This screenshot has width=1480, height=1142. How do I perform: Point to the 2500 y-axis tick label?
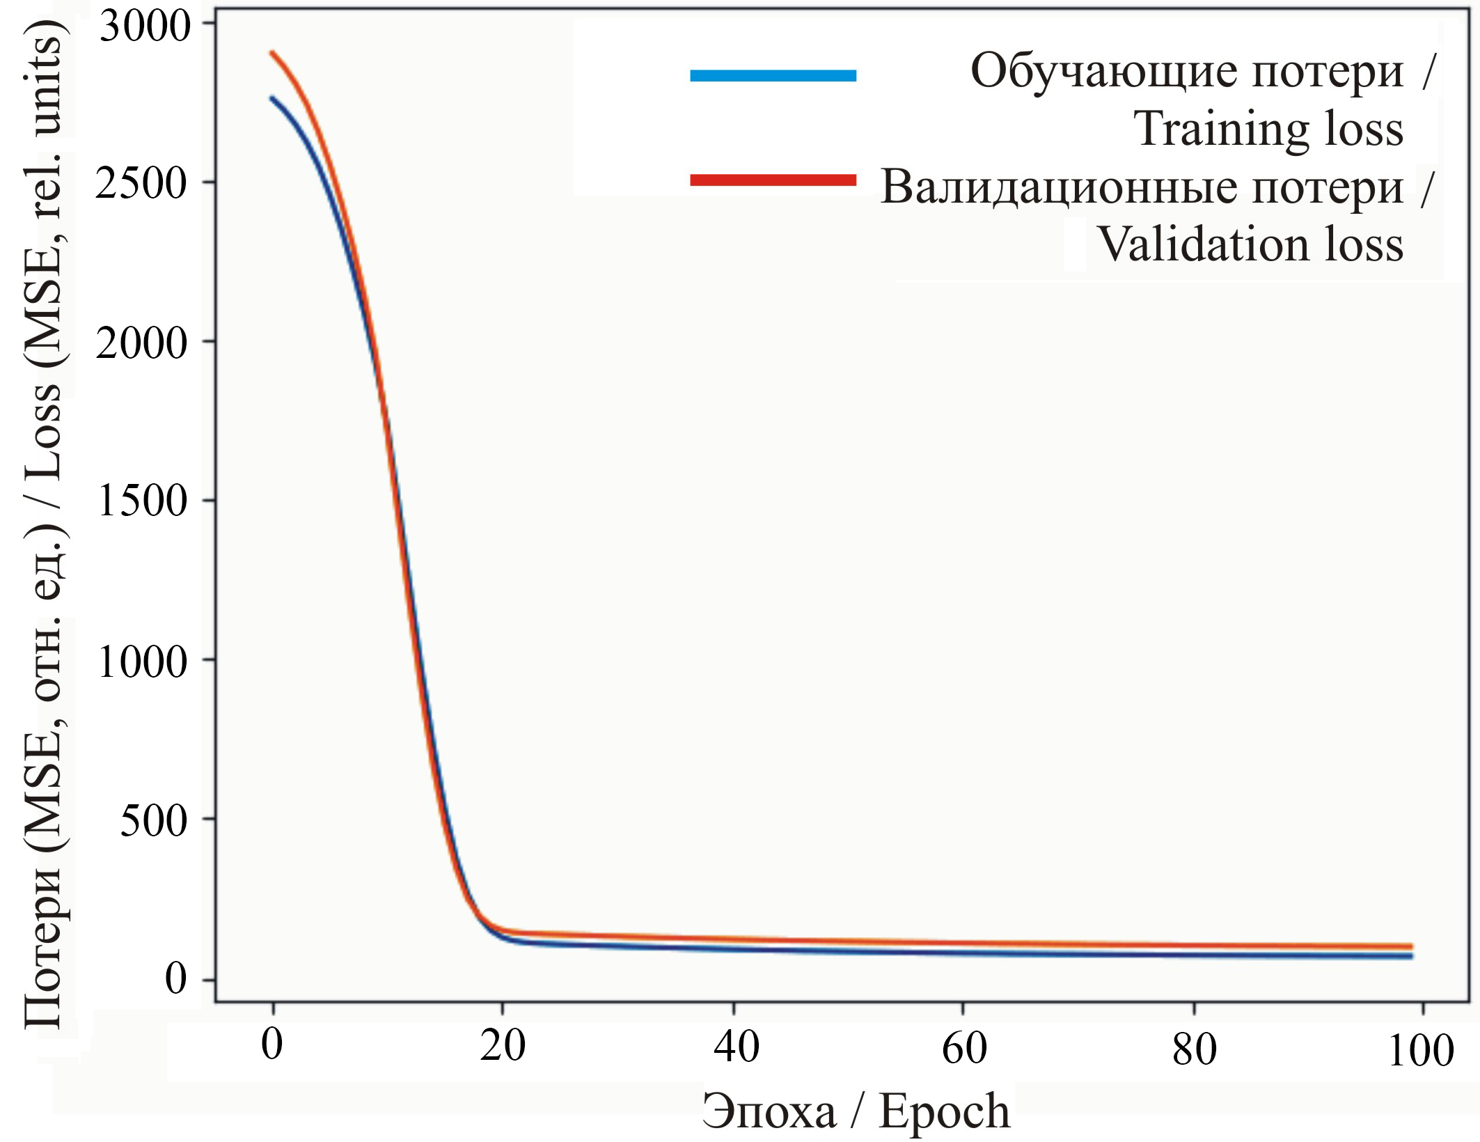(143, 185)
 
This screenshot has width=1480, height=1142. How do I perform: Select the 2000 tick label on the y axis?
(143, 343)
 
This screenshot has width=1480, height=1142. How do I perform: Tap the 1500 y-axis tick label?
(143, 501)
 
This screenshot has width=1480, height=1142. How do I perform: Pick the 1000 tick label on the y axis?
(143, 662)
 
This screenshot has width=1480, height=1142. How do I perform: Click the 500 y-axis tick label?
(154, 822)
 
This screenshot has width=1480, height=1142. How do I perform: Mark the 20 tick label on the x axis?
(503, 1047)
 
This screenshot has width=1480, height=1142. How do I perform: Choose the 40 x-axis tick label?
(736, 1047)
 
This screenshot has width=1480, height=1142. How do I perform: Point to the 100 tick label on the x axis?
(1421, 1051)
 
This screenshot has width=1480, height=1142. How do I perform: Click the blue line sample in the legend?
(773, 76)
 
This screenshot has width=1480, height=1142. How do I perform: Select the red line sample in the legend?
(773, 180)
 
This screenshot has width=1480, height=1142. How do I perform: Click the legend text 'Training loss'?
(1269, 130)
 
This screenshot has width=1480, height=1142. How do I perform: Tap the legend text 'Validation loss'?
(1250, 245)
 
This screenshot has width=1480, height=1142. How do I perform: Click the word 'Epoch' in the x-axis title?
(944, 1111)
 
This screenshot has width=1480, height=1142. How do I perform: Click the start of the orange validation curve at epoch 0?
(273, 52)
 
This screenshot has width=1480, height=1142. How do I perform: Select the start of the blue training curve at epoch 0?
(273, 98)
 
